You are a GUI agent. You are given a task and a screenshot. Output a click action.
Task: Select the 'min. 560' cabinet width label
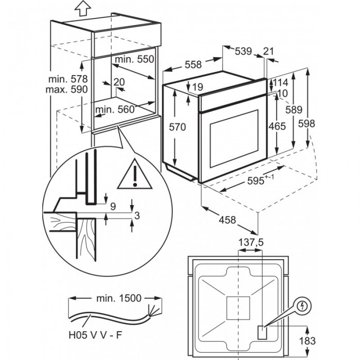tap(114, 109)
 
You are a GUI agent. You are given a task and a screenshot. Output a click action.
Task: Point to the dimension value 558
tap(192, 65)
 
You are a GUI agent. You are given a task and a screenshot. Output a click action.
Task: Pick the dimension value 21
tap(268, 51)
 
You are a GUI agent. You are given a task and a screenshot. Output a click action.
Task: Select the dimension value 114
tap(281, 83)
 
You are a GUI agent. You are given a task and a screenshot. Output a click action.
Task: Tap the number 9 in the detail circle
tap(113, 206)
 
